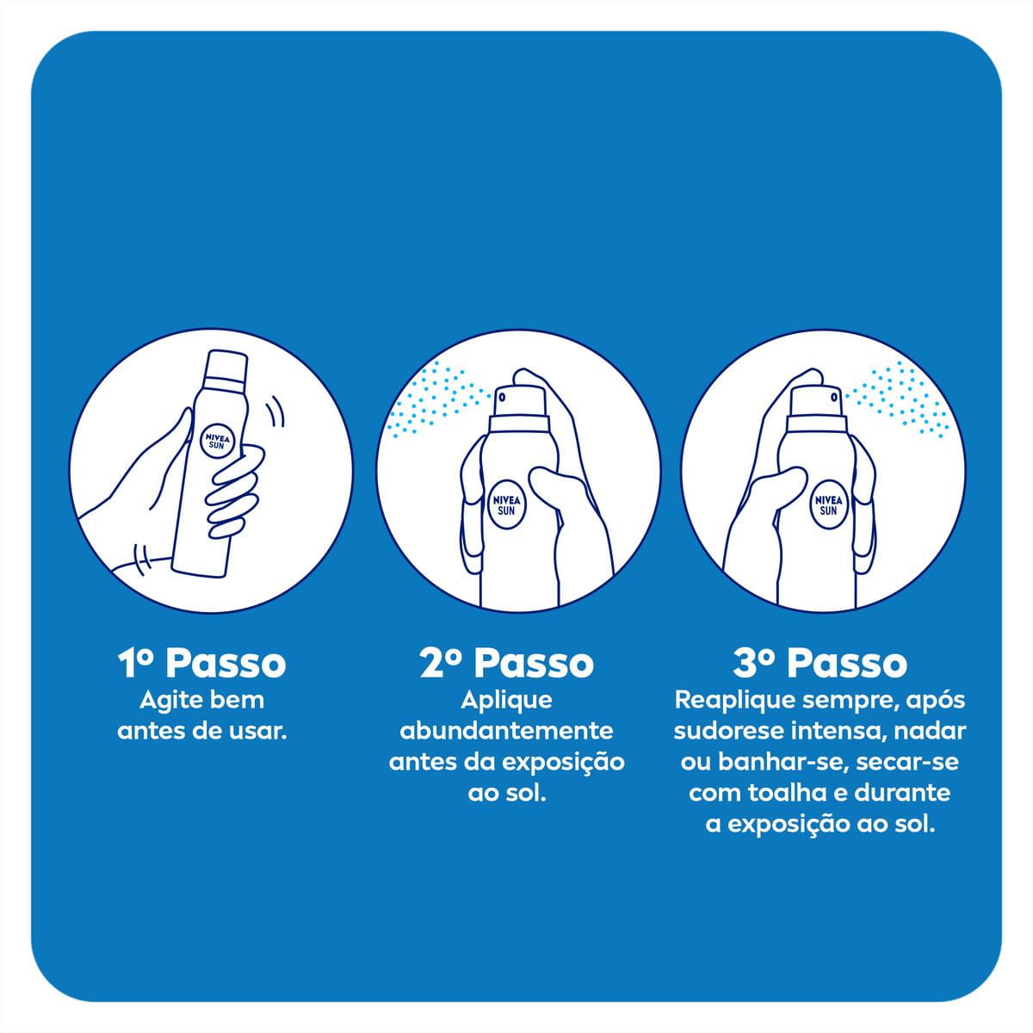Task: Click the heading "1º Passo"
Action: pos(201,664)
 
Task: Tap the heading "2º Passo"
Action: pos(506,664)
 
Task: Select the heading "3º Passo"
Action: pos(820,664)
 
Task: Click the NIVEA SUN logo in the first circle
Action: pos(217,441)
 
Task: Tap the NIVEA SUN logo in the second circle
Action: pos(506,504)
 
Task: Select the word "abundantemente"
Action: pos(506,731)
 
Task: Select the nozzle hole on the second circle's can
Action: pos(502,397)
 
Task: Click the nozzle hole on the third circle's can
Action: pos(834,397)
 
